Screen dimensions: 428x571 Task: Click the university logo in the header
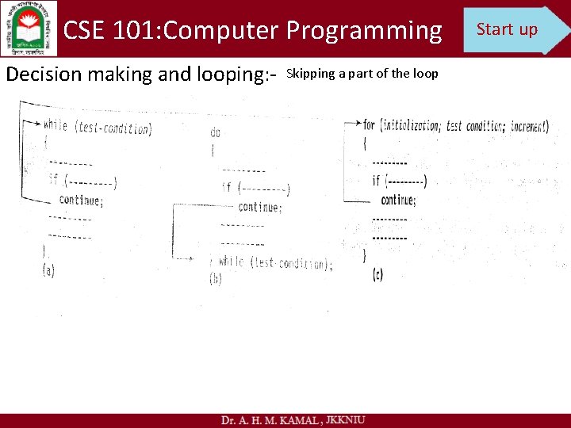[x=29, y=29]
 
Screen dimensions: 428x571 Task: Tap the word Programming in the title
[x=364, y=30]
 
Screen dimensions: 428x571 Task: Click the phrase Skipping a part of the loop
[x=362, y=74]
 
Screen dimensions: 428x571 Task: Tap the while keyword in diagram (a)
[x=56, y=124]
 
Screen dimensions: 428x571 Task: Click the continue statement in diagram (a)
[x=80, y=200]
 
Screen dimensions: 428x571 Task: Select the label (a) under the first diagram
[x=48, y=270]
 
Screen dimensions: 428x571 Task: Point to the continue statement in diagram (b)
[x=259, y=207]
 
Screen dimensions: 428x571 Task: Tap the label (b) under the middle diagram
[x=216, y=279]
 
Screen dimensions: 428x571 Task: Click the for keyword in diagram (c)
[x=369, y=124]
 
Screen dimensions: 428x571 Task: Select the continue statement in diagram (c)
[x=398, y=200]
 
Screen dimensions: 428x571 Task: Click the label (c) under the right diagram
[x=377, y=274]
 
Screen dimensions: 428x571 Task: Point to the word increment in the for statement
[x=529, y=125]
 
